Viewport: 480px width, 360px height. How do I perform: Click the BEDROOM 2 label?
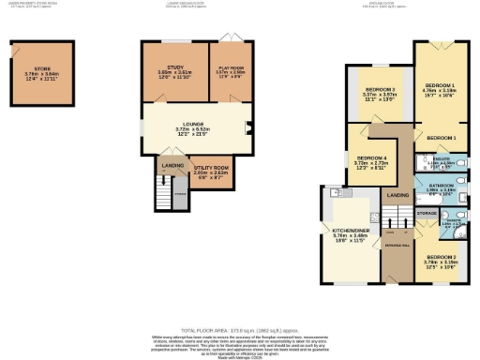tap(442, 257)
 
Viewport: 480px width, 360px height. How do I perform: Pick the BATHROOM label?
tap(441, 187)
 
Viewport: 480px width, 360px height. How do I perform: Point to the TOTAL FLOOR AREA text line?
tap(238, 332)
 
